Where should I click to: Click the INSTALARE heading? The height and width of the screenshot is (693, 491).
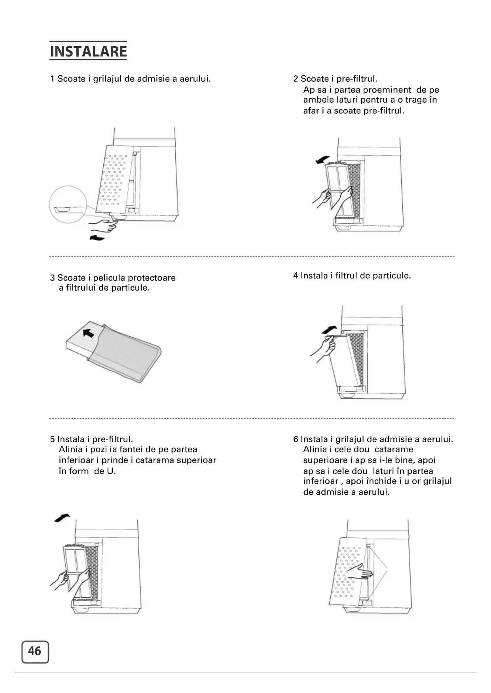[x=88, y=51]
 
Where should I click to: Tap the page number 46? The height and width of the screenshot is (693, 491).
[x=35, y=651]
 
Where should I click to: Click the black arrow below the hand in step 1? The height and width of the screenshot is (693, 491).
[x=97, y=237]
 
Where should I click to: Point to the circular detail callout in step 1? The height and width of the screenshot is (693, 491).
[x=68, y=205]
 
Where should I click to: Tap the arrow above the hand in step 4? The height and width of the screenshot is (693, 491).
[x=329, y=329]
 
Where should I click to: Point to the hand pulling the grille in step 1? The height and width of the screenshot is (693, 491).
[x=103, y=226]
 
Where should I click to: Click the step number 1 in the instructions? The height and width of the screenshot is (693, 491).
[x=52, y=79]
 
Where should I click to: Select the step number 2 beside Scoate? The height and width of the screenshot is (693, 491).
[x=296, y=79]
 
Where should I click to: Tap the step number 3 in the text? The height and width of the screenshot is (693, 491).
[x=52, y=278]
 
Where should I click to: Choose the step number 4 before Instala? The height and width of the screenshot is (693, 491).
[x=296, y=276]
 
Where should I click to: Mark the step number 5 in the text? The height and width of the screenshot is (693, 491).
[x=52, y=439]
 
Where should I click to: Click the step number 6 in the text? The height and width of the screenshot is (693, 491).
[x=296, y=439]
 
